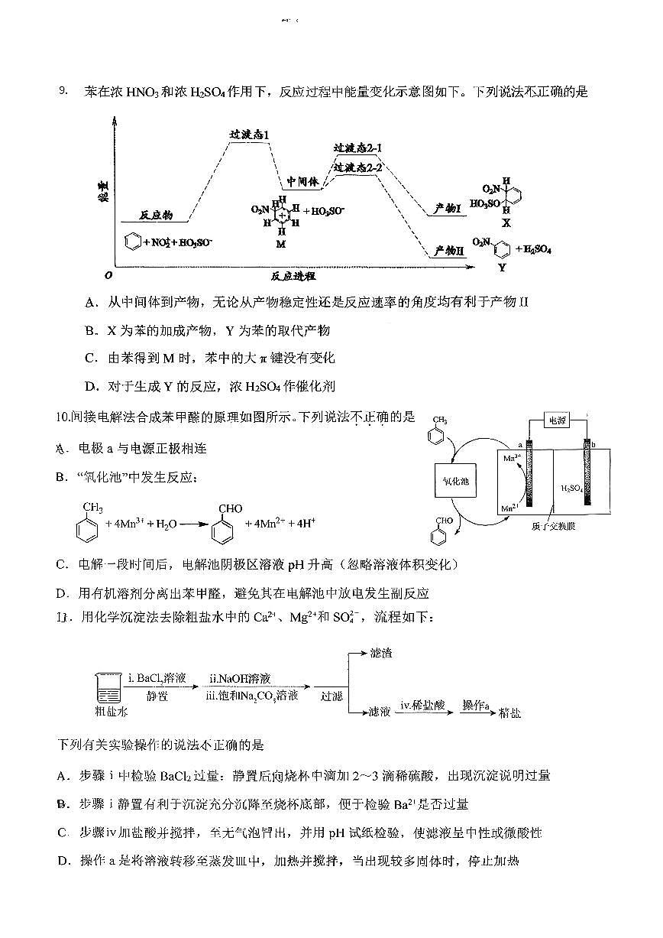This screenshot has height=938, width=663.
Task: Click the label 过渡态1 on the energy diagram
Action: (x=250, y=135)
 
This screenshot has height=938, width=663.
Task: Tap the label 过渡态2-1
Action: (x=357, y=148)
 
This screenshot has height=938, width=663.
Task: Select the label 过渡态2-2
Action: (x=357, y=167)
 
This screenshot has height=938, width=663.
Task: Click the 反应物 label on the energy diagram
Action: (x=157, y=216)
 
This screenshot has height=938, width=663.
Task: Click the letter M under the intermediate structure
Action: (x=280, y=243)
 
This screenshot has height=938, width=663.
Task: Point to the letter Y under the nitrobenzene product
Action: (x=501, y=268)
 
